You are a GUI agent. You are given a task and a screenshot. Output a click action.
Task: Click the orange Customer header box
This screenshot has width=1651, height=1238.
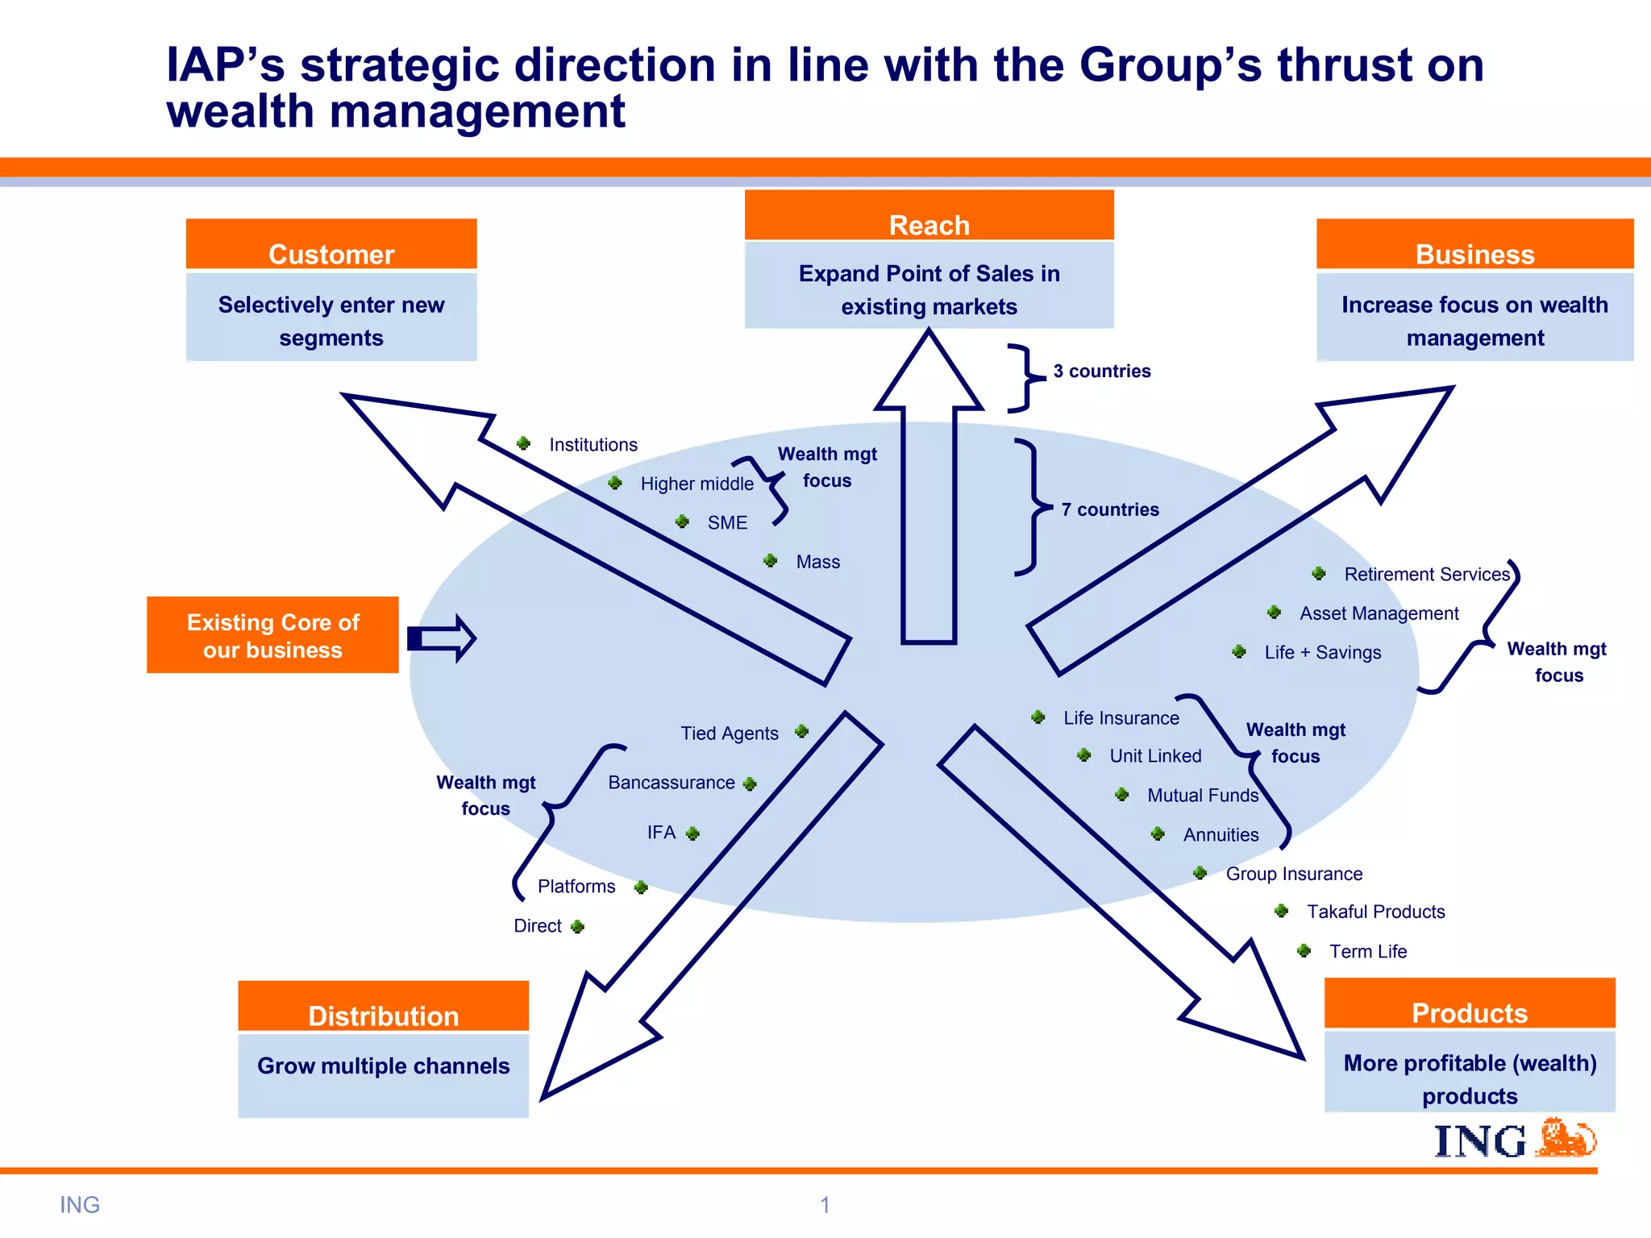tap(331, 244)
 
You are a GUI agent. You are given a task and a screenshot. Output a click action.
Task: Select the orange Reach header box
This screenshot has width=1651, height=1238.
tap(929, 216)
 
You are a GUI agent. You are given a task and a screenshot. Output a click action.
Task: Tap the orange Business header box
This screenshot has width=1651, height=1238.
tap(1474, 244)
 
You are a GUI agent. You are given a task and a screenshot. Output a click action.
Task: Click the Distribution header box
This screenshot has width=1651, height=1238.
tap(383, 1007)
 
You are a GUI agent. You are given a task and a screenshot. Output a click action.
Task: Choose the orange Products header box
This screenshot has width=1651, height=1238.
tap(1469, 1004)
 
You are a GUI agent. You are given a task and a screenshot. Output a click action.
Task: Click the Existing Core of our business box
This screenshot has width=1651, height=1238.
tap(272, 635)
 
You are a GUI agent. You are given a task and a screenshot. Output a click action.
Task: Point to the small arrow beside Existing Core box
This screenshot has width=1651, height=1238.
tap(442, 638)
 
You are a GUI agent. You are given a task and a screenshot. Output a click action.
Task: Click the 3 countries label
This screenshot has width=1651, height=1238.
tap(1101, 371)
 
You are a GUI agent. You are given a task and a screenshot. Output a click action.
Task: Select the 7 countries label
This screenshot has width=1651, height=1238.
tap(1109, 509)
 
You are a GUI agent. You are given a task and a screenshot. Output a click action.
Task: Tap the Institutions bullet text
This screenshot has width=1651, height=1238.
tap(593, 445)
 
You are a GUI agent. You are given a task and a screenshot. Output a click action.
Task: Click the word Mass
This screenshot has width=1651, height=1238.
tap(817, 562)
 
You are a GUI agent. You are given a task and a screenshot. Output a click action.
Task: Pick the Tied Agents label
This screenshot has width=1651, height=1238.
tap(729, 733)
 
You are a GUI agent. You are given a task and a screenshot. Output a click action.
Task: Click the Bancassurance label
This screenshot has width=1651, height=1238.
tap(671, 783)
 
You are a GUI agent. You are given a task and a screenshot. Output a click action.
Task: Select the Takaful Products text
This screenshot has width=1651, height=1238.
tap(1375, 912)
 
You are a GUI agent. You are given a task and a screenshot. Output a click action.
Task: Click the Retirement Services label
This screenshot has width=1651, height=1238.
tap(1426, 574)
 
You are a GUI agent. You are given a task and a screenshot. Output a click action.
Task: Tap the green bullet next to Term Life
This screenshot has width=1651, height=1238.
tap(1304, 951)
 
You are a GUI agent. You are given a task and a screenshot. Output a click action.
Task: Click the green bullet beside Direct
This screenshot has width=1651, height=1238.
tap(577, 927)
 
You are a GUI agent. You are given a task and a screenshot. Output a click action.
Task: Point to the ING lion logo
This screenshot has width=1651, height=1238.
tap(1567, 1138)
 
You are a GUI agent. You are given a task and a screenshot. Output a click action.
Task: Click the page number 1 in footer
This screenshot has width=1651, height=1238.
tap(825, 1205)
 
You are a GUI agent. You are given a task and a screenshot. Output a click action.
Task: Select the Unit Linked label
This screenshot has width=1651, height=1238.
tap(1154, 756)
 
